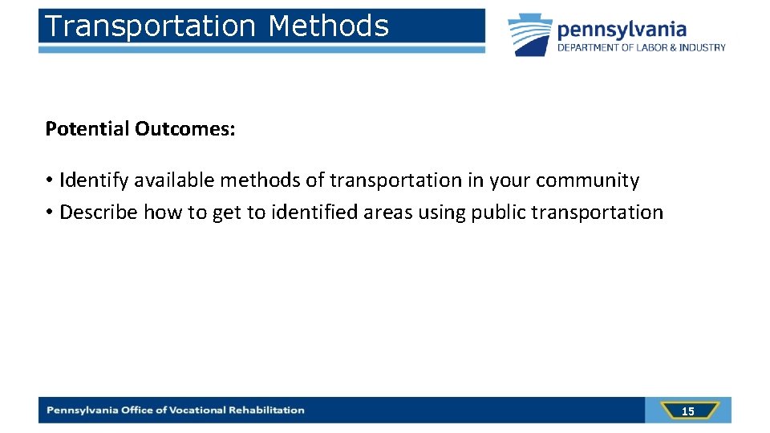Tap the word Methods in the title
pos(328,26)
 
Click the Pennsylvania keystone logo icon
pos(529,34)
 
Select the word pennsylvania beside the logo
pos(622,30)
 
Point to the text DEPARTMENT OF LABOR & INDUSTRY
pos(642,48)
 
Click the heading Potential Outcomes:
pos(140,129)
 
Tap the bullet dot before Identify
pos(50,180)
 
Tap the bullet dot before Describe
pos(50,212)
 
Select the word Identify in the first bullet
pos(94,180)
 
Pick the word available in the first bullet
pos(175,180)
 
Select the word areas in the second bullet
pos(390,212)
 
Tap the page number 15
pos(687,411)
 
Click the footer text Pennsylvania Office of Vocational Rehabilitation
pos(176,411)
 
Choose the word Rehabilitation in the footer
pos(267,411)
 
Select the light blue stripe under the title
pos(261,50)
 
